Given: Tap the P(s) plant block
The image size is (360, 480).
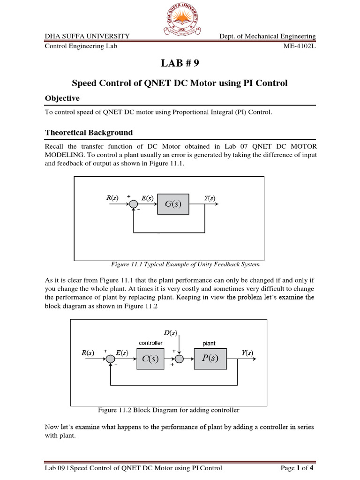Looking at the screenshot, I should (x=209, y=359).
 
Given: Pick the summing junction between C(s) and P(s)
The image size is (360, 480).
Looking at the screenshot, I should (x=179, y=359).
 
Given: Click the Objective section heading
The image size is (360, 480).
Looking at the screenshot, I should (x=62, y=98).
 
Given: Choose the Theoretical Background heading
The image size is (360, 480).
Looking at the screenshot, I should (x=89, y=132).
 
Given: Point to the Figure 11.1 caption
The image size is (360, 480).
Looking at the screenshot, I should (x=184, y=264).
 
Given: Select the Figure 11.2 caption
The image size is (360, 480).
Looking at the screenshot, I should (x=168, y=410).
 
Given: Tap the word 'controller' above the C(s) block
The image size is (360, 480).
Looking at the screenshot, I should (x=150, y=343).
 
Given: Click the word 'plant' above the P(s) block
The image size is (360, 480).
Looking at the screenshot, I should (x=209, y=343).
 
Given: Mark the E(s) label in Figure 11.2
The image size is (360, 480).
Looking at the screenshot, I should (x=123, y=352).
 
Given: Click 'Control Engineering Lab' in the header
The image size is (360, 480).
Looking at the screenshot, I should (x=81, y=46).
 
